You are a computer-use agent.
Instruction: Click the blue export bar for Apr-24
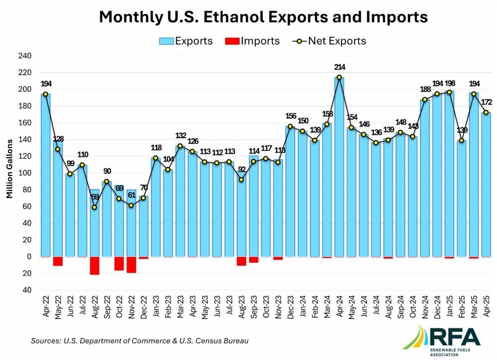(339, 167)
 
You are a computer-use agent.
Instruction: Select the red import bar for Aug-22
(94, 266)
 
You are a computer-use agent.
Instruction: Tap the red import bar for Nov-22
(131, 265)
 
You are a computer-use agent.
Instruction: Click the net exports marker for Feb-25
(462, 140)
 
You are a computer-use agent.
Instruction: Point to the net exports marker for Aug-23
(242, 180)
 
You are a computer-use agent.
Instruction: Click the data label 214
(339, 67)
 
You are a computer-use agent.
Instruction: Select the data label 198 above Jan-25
(450, 83)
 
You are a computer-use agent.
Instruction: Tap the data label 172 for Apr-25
(487, 102)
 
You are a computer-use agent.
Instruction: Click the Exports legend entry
(186, 41)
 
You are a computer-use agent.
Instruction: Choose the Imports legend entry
(252, 41)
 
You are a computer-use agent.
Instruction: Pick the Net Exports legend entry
(329, 41)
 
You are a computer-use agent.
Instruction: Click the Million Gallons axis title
(9, 169)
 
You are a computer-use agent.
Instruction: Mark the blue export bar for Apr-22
(46, 175)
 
